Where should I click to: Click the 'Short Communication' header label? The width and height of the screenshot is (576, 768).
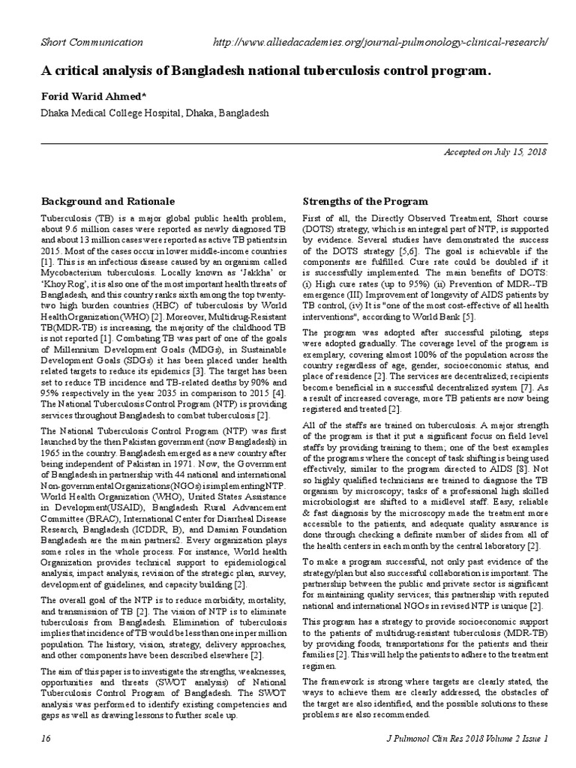point(91,43)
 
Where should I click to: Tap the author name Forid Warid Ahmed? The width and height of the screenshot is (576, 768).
point(93,97)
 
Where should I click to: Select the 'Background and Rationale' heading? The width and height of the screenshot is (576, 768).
point(108,202)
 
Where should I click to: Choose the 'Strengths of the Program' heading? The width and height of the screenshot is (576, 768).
point(364,202)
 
